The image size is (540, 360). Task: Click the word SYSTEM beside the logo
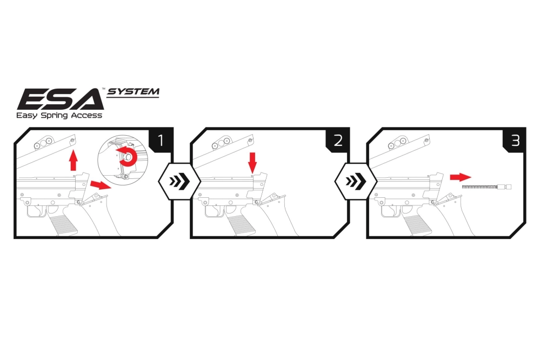pyautogui.click(x=133, y=91)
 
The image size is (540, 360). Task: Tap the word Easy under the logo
pyautogui.click(x=27, y=115)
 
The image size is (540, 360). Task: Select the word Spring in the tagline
pyautogui.click(x=56, y=115)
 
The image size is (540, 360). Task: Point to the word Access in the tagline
pyautogui.click(x=87, y=115)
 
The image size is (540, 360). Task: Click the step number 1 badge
pyautogui.click(x=161, y=141)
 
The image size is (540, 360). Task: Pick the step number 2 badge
pyautogui.click(x=338, y=141)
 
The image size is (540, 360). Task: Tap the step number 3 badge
pyautogui.click(x=515, y=141)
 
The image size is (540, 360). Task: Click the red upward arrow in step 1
pyautogui.click(x=74, y=161)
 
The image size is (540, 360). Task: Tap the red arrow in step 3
pyautogui.click(x=460, y=177)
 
